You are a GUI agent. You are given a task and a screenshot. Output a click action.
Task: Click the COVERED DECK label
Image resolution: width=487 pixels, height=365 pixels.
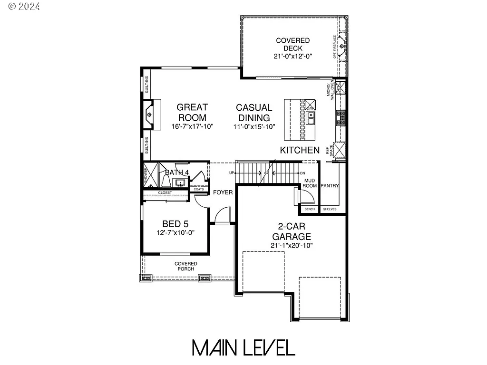292,44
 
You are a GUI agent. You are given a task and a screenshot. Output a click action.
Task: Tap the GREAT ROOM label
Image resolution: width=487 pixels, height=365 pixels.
192,112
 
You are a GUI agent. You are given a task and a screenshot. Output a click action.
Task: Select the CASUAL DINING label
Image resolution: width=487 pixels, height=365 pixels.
254,113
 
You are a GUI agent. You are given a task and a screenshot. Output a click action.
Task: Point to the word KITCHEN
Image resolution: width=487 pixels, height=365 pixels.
300,150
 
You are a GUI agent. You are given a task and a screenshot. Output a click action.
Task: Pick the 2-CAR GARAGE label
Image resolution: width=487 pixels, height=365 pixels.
292,231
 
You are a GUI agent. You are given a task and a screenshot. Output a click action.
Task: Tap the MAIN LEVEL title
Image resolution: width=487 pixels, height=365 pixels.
243,348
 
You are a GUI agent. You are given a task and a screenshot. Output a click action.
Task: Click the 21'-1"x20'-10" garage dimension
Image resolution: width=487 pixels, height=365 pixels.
292,245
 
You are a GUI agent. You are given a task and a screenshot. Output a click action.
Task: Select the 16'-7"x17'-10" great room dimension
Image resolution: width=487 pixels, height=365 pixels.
192,126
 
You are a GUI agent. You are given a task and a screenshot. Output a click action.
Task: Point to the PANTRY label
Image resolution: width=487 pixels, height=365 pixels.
330,186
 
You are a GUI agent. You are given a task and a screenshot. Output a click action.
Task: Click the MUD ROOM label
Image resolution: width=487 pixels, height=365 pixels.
310,183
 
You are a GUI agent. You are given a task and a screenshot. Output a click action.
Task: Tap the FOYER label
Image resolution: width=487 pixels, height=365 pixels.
223,192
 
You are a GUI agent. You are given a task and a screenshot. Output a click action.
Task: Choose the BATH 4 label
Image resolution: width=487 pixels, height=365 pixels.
177,172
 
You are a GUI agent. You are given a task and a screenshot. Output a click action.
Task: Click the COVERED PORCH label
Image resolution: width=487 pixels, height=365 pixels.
185,266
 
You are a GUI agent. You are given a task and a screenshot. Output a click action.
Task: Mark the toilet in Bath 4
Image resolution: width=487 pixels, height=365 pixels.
167,181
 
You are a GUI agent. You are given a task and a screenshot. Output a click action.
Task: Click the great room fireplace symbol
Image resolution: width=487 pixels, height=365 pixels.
149,115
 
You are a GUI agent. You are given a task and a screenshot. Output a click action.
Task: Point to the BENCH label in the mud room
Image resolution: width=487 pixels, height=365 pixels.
310,209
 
